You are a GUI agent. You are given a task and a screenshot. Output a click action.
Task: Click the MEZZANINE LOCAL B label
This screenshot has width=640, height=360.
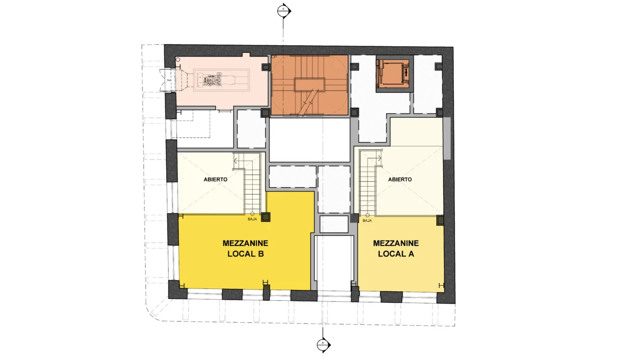[x=245, y=249]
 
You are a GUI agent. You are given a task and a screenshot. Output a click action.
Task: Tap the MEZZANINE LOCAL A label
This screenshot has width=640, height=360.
[x=396, y=249]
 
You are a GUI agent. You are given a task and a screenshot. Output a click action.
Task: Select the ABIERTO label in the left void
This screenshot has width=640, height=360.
[x=215, y=179]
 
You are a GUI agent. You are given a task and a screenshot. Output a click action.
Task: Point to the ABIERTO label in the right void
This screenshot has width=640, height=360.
[x=399, y=179]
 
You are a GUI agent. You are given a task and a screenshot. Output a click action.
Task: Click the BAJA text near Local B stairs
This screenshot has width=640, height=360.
[x=252, y=219]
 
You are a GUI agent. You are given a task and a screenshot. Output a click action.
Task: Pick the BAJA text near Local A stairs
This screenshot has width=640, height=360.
[x=367, y=221]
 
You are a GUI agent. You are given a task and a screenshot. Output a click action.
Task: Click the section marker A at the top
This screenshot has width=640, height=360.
[x=284, y=11]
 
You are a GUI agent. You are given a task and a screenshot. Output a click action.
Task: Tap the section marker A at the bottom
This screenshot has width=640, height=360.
[x=323, y=345]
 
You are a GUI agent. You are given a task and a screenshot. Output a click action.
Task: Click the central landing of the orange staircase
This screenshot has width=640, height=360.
[x=310, y=85]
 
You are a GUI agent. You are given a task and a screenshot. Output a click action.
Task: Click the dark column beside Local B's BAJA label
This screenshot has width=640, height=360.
[x=266, y=217]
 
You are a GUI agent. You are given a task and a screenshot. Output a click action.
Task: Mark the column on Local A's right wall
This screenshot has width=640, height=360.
[x=440, y=221]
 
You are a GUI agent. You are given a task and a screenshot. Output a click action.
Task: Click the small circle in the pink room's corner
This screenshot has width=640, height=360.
[x=178, y=60]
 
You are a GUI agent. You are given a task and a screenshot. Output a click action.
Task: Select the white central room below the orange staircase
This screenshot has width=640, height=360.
[x=310, y=140]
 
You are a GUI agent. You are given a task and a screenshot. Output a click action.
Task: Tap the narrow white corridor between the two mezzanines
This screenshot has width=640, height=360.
[x=333, y=262]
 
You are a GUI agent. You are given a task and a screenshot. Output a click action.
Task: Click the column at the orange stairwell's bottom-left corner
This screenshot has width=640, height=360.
[x=266, y=113]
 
